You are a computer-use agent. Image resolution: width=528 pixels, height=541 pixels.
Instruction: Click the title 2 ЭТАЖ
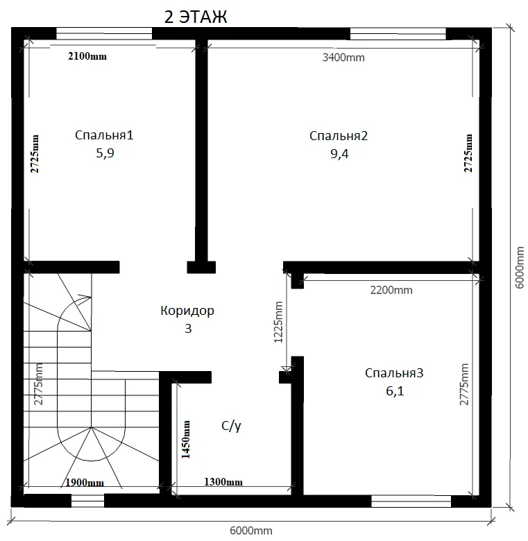point(196,17)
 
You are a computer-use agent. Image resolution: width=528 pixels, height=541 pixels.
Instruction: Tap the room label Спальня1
point(104,135)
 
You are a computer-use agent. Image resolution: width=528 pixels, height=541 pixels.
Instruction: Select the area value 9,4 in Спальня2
point(339,153)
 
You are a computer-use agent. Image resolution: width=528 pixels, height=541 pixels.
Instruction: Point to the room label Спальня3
point(394,373)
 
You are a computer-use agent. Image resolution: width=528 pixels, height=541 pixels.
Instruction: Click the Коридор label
point(187,311)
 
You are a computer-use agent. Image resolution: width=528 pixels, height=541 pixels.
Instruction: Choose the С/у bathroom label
point(231,426)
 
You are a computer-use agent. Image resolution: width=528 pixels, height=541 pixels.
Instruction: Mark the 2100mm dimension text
point(87,56)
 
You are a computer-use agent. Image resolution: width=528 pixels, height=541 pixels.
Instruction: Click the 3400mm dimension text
point(343,58)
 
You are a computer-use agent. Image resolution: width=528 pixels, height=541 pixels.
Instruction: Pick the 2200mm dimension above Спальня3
point(391,290)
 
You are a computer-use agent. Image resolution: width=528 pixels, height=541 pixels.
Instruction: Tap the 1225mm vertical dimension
point(278,323)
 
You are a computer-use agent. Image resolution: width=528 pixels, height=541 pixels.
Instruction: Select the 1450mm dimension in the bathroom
point(186,439)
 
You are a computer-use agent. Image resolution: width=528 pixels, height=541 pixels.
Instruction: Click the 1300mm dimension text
point(223,481)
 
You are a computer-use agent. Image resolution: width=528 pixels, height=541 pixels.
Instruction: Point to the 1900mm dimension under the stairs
point(85,482)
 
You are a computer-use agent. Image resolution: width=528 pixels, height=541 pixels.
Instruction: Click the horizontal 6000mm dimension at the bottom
point(251,531)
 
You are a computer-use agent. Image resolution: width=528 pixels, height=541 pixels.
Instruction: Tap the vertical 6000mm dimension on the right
point(520,268)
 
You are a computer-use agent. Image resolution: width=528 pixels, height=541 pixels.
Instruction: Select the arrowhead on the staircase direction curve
point(85,298)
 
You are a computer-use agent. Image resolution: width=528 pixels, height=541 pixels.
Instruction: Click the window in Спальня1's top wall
point(104,34)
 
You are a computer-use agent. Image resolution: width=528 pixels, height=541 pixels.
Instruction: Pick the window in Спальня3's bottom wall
point(411,501)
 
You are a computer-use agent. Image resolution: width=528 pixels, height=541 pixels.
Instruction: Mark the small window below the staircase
point(87,501)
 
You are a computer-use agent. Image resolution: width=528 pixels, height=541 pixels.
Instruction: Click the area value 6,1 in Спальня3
point(395,391)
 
